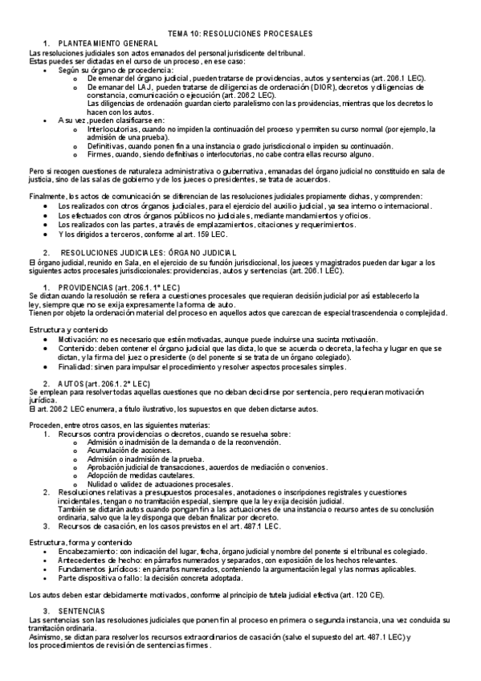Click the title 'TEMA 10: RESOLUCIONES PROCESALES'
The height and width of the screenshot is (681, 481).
(240, 34)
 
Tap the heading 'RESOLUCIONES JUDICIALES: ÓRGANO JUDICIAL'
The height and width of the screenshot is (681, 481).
(141, 253)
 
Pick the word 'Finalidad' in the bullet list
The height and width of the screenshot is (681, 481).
(75, 367)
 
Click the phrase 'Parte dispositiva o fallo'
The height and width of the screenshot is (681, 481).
(102, 578)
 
